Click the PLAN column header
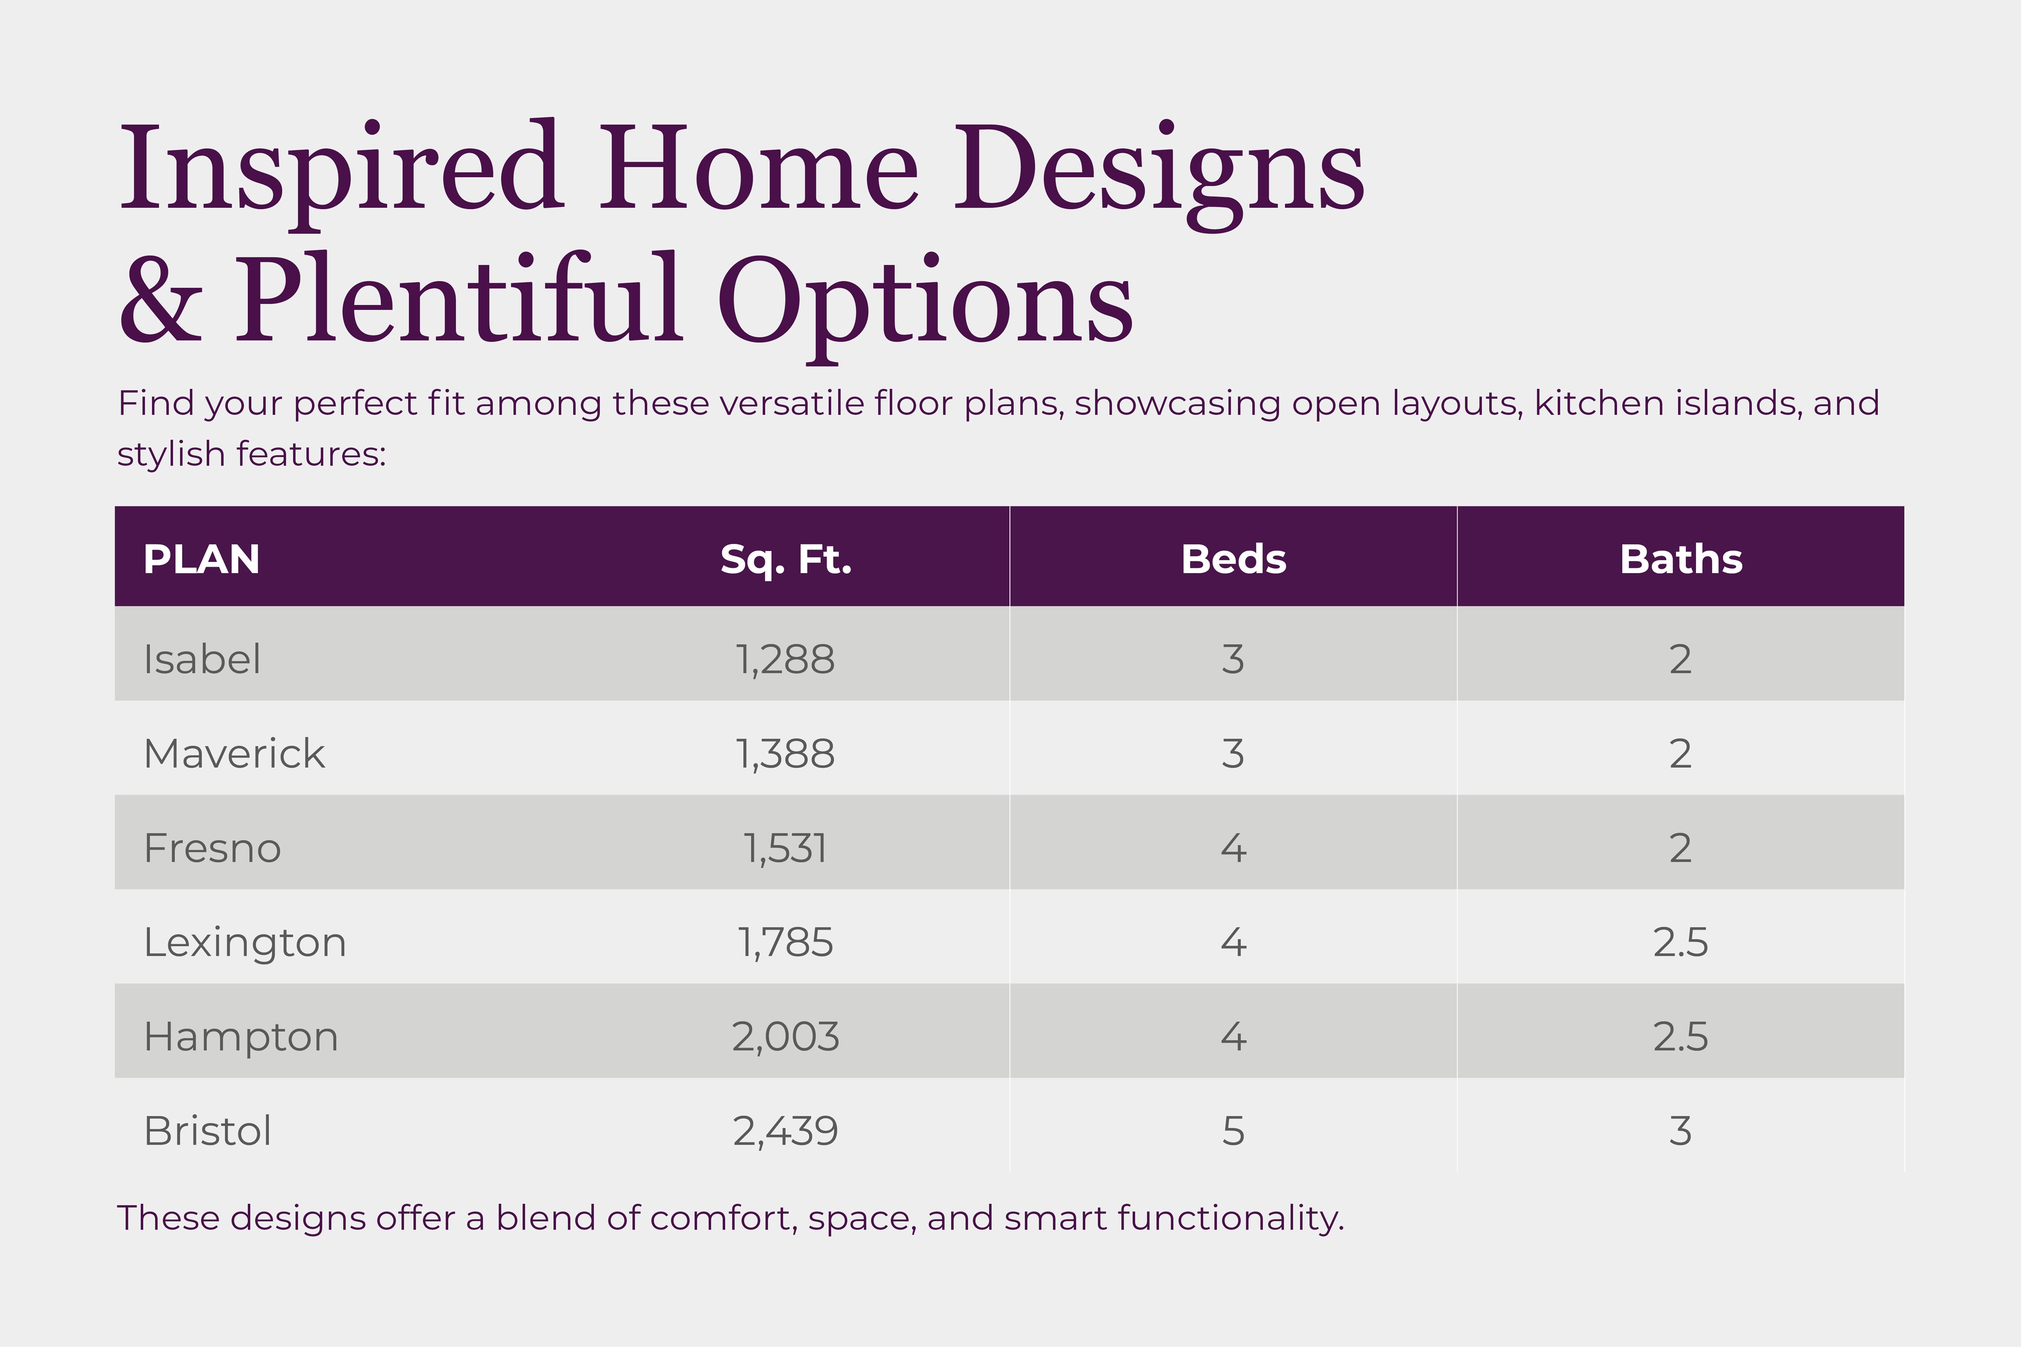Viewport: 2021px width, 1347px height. (x=201, y=559)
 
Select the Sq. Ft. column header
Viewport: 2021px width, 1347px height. (x=785, y=559)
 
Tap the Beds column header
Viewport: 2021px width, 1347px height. (x=1233, y=559)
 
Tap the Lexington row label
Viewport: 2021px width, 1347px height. (x=245, y=942)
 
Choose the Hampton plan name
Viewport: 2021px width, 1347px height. (x=240, y=1037)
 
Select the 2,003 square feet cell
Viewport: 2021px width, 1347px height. (x=785, y=1037)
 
